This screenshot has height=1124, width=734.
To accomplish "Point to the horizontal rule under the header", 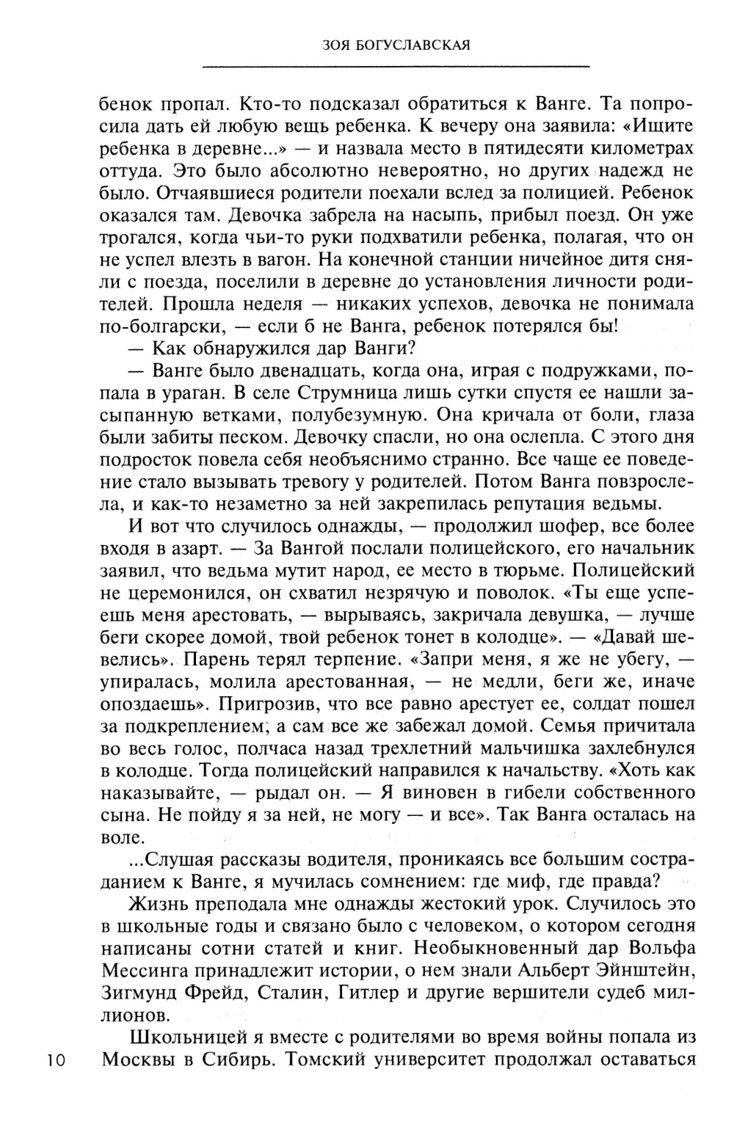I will click(x=396, y=67).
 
